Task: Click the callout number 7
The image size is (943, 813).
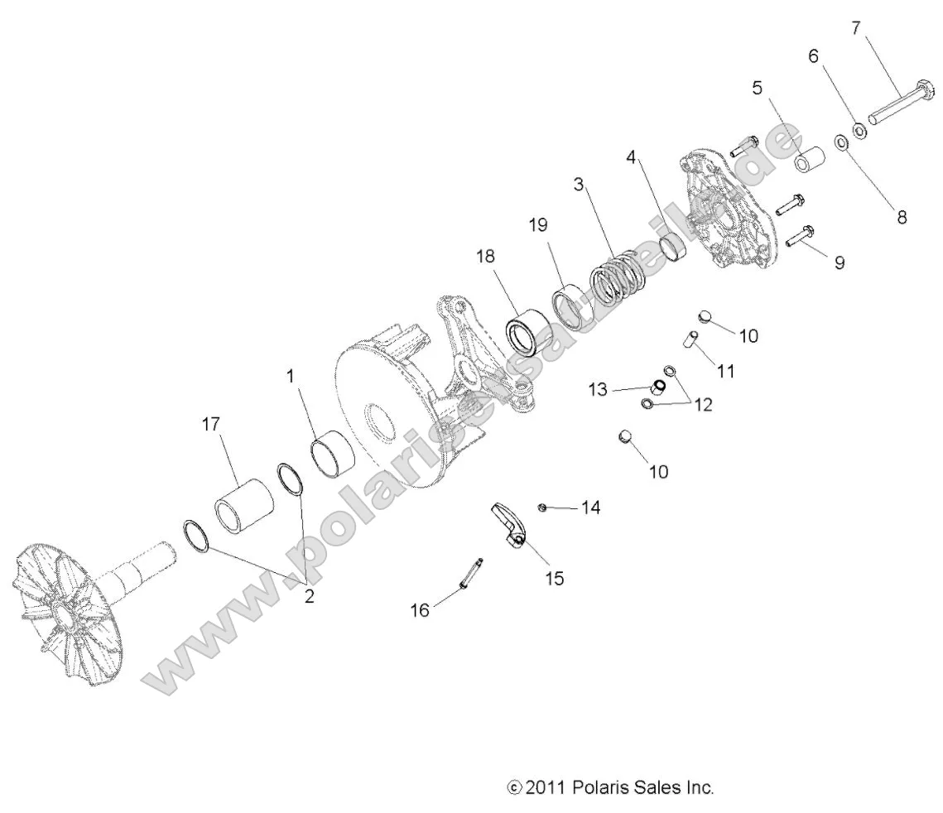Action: (x=855, y=28)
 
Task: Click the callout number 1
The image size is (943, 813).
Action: (x=291, y=376)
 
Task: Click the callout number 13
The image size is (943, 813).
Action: (x=598, y=389)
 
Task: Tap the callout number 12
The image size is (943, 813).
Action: (x=703, y=405)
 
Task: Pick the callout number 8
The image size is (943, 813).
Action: (x=902, y=218)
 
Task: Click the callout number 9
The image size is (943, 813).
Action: (x=840, y=262)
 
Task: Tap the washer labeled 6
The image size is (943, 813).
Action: (x=859, y=130)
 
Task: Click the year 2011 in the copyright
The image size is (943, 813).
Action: (x=546, y=787)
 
